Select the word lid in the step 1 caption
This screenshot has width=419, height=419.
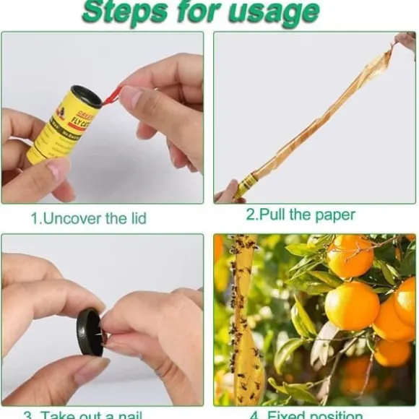tap(134, 217)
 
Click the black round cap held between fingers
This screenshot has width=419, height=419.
tap(90, 332)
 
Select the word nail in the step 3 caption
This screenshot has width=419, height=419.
tap(127, 415)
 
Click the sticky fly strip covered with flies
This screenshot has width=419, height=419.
tap(246, 325)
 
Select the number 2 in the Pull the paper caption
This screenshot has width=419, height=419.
tap(251, 215)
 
